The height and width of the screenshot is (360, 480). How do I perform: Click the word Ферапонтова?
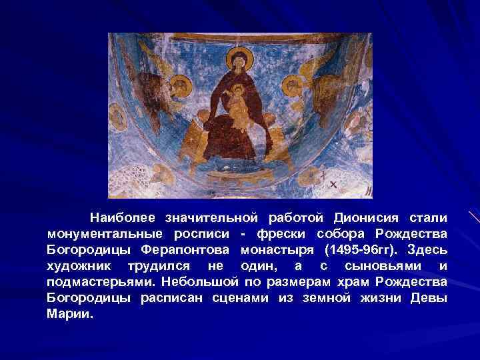(179, 251)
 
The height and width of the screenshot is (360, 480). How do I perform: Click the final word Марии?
(71, 315)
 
